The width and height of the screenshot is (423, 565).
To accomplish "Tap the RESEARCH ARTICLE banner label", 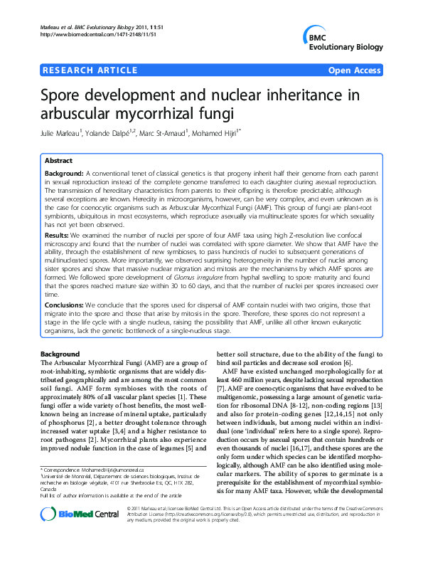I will click(x=90, y=70).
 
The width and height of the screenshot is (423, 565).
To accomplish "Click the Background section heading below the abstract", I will click(x=60, y=354).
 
